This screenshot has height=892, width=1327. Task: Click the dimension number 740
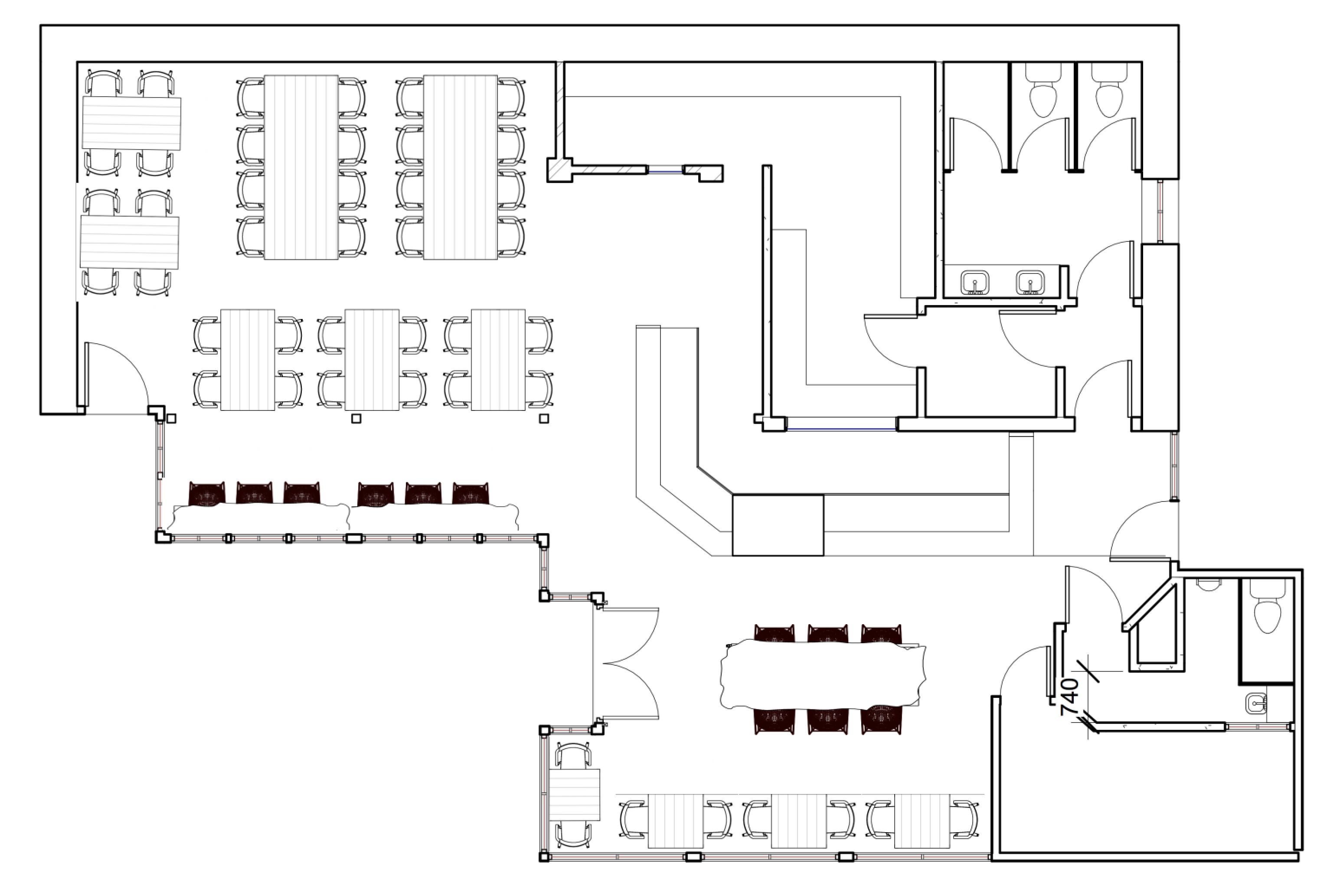tap(1069, 696)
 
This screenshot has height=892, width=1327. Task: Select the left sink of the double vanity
tap(975, 282)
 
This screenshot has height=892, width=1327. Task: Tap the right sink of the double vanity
tap(1030, 282)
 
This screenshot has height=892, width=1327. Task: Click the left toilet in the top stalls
tap(1043, 97)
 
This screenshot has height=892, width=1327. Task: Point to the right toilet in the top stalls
tap(1108, 97)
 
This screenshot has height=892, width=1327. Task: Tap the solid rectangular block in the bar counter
tap(777, 525)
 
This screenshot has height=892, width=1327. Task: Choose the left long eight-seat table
tap(301, 167)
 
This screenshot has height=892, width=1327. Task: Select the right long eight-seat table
tap(461, 167)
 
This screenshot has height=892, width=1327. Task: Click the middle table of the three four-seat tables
tap(372, 360)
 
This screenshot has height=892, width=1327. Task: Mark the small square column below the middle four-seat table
tap(356, 419)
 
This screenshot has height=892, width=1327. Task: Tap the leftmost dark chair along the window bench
tap(206, 493)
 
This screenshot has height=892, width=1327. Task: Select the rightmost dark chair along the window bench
tap(470, 493)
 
